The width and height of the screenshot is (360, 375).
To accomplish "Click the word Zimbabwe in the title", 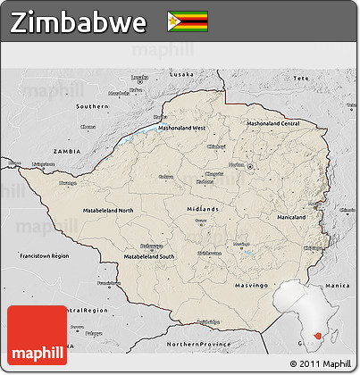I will [x=79, y=22].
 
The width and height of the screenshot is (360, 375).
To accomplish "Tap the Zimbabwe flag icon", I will [x=188, y=21].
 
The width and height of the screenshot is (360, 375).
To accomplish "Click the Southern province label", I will [x=92, y=105].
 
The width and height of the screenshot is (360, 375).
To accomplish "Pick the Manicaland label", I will [x=292, y=217].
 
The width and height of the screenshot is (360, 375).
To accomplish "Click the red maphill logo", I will [x=37, y=337].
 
